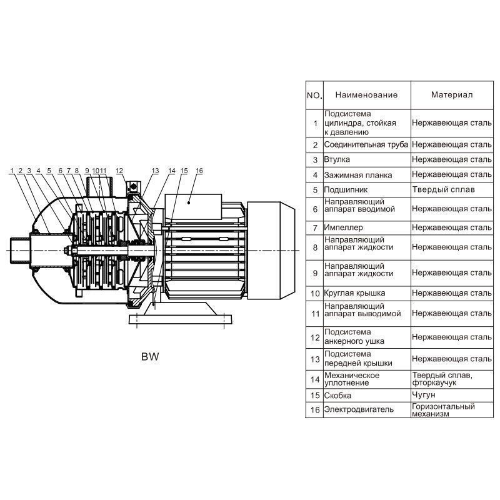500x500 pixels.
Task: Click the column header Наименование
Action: click(x=366, y=95)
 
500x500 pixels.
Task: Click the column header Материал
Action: click(x=451, y=95)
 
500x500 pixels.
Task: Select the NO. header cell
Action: click(x=314, y=96)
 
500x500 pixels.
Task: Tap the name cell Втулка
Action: click(x=337, y=160)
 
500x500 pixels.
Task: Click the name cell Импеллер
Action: click(x=343, y=227)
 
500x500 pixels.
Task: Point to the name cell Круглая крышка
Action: click(x=354, y=292)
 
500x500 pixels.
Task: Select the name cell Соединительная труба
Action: click(x=366, y=144)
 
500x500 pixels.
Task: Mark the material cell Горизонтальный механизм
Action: click(x=443, y=410)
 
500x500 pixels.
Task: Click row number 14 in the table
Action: click(x=314, y=379)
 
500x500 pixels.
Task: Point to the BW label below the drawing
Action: click(x=150, y=358)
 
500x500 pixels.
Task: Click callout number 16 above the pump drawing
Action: click(x=199, y=171)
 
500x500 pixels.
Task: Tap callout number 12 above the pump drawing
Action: click(x=119, y=171)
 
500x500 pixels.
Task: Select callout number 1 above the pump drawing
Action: click(x=12, y=171)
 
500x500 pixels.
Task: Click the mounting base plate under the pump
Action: click(x=178, y=319)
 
